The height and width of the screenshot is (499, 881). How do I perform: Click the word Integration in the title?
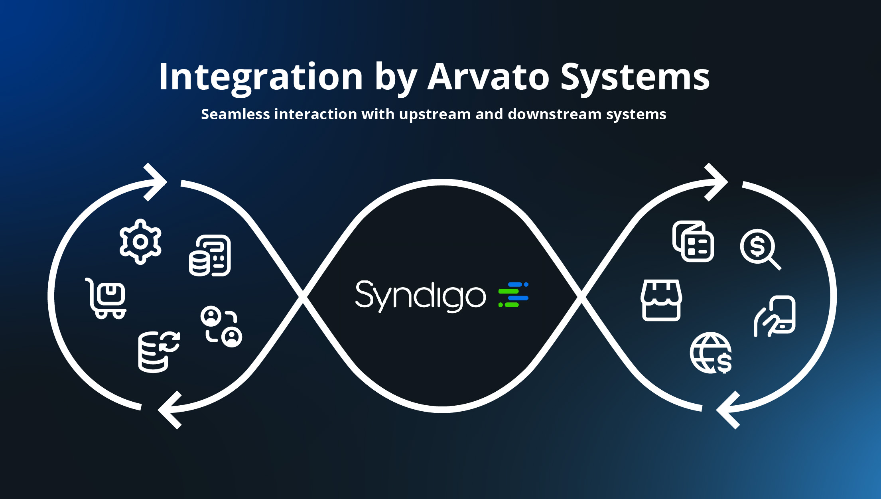(x=260, y=77)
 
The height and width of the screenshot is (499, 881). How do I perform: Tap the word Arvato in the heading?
(x=488, y=77)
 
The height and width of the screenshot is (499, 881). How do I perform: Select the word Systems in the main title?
(x=635, y=77)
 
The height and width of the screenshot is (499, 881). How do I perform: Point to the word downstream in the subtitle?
(x=554, y=114)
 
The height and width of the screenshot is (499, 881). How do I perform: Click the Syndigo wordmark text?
(x=420, y=296)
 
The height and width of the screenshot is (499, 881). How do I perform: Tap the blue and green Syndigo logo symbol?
(x=513, y=295)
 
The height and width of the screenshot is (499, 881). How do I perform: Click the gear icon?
(x=140, y=242)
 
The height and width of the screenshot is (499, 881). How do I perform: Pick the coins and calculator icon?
(x=210, y=256)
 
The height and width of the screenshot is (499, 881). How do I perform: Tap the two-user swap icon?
(x=221, y=327)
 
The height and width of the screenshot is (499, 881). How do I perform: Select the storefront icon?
(x=661, y=300)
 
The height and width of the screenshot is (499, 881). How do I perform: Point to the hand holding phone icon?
(x=775, y=316)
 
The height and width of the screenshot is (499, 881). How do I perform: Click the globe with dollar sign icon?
(x=711, y=353)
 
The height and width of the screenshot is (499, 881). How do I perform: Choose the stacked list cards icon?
(x=693, y=241)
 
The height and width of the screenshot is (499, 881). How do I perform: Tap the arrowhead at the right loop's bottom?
(x=728, y=410)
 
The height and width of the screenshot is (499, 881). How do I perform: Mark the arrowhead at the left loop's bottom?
(x=169, y=410)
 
